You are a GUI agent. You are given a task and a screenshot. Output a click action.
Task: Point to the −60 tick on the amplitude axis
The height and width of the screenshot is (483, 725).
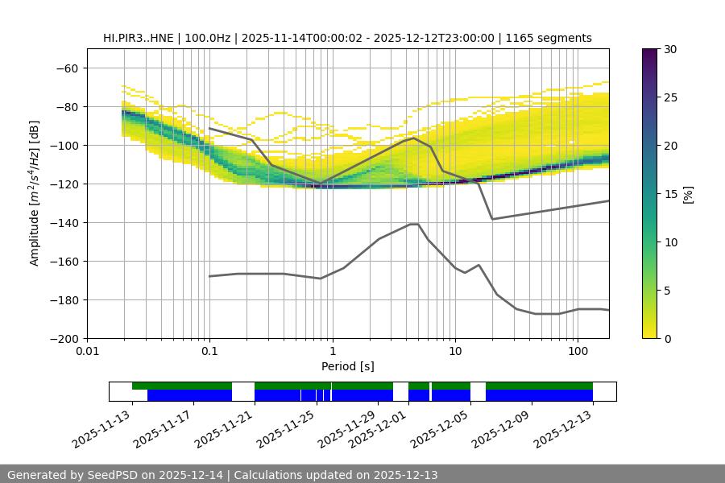point(69,68)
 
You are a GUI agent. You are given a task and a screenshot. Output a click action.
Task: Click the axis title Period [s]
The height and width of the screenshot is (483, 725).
point(347,366)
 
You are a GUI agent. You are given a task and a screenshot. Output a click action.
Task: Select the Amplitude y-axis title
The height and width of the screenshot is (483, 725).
point(35,193)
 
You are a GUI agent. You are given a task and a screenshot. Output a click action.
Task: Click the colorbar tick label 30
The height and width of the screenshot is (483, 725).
point(670,50)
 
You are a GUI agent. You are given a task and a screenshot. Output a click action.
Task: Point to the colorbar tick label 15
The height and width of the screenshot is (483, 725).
point(670,194)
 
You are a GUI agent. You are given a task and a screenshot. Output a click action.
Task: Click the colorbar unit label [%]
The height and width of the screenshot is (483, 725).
point(688,194)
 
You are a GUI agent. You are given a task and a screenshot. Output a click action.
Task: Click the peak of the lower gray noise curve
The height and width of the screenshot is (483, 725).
point(414,224)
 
